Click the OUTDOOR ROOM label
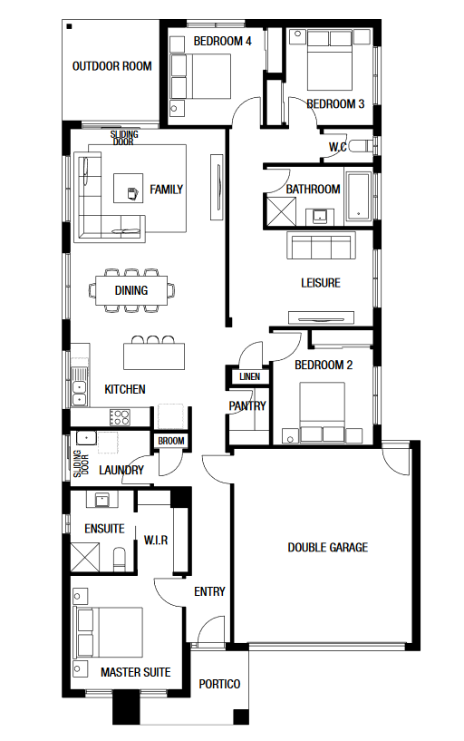click(111, 66)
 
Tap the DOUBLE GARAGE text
click(327, 547)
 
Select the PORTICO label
click(219, 684)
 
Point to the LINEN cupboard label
click(250, 376)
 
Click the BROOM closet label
click(171, 441)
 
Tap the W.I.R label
click(156, 541)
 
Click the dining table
click(131, 290)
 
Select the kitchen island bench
click(154, 356)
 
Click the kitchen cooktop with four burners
click(120, 418)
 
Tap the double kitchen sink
click(80, 386)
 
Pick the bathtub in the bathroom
click(359, 196)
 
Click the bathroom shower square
click(281, 211)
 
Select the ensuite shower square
click(85, 558)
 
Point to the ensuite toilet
click(120, 560)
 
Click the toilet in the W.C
click(360, 146)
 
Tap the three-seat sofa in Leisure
click(321, 246)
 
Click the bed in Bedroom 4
click(201, 76)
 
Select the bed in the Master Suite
click(109, 632)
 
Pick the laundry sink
click(86, 438)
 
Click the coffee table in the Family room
click(128, 188)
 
